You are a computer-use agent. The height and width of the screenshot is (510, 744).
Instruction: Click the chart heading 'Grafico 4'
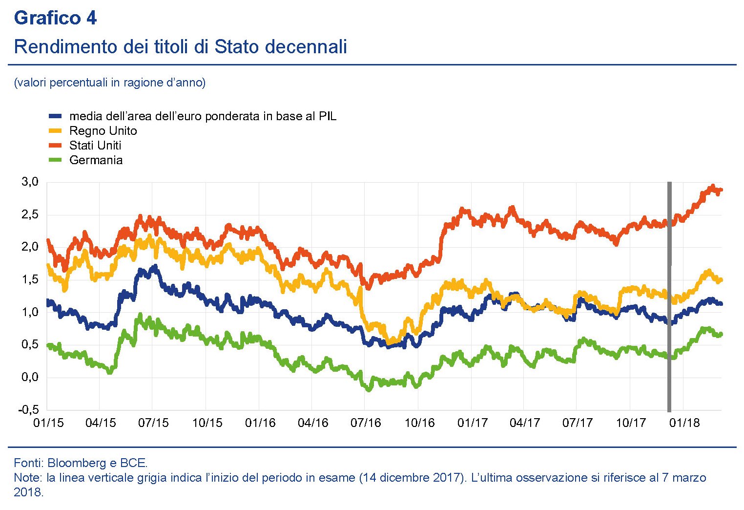click(55, 18)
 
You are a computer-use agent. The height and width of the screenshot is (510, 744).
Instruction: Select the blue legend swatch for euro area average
click(55, 116)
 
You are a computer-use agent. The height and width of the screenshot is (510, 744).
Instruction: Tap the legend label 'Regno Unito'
click(103, 131)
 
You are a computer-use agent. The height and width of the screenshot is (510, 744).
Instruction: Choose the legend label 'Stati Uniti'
click(95, 146)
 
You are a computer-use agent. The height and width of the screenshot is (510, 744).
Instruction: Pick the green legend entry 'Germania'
click(96, 160)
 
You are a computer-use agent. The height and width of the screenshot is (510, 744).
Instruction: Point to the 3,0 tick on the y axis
click(30, 182)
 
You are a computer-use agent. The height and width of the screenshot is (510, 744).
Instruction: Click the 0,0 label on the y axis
click(30, 377)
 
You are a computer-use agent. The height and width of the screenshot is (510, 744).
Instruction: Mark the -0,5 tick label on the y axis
click(28, 410)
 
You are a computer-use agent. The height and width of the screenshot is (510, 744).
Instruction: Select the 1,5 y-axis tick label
click(30, 279)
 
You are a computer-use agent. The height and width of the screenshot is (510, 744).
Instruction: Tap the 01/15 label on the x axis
click(48, 423)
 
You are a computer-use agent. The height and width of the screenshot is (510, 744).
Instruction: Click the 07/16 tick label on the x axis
click(366, 423)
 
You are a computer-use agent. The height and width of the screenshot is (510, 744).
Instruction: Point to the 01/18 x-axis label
click(684, 423)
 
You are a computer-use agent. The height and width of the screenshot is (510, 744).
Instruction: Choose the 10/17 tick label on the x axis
click(631, 423)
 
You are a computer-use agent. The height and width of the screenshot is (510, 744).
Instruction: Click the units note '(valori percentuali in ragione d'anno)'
click(110, 83)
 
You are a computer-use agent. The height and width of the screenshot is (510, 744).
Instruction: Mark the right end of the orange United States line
click(721, 190)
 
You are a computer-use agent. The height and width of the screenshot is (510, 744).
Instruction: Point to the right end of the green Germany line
click(721, 334)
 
